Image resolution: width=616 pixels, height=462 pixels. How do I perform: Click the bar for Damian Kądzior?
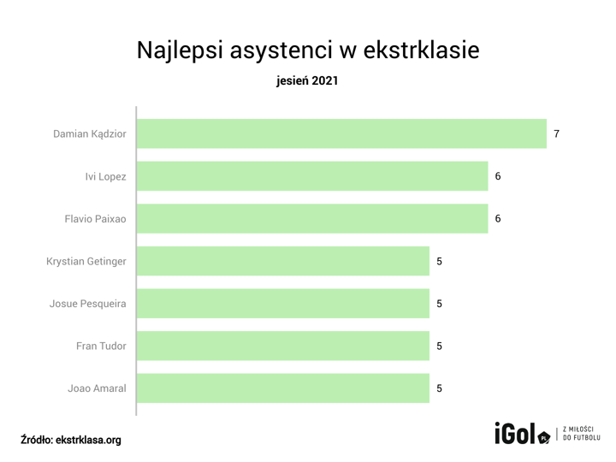tap(341, 133)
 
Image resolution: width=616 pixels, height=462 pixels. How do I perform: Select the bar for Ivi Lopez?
tap(312, 176)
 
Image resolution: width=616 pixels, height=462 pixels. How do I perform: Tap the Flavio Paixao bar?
tap(312, 219)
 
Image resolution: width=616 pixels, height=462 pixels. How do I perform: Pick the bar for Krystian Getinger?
tap(282, 261)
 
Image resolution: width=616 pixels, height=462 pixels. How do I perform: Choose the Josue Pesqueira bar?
tap(282, 304)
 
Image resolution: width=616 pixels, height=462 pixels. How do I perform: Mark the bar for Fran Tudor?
tap(282, 346)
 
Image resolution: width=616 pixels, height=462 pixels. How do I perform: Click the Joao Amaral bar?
tap(282, 388)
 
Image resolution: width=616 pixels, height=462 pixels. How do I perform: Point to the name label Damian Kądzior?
tap(90, 134)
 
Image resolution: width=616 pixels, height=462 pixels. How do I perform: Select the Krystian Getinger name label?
tap(86, 262)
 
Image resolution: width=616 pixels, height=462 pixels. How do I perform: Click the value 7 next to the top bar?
tap(557, 134)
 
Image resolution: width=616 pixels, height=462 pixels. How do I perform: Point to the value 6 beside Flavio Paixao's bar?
tap(498, 219)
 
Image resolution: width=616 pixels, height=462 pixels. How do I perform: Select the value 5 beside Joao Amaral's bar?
tap(440, 388)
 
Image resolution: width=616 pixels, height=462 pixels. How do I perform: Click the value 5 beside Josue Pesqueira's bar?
tap(440, 304)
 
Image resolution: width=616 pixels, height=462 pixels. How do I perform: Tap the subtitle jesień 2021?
tap(308, 82)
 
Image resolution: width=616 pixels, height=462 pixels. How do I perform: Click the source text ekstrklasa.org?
tap(88, 440)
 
